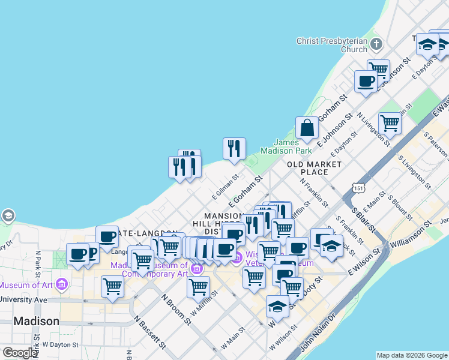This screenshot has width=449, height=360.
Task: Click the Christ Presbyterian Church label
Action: pos(331,45)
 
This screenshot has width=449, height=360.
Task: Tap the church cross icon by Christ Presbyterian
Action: pos(376,44)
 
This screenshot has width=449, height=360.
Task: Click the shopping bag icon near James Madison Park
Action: pos(307,128)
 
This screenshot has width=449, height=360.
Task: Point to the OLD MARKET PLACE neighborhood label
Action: pos(314,168)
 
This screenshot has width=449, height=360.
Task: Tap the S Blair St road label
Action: pos(363,221)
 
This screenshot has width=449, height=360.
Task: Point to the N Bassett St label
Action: pos(150,332)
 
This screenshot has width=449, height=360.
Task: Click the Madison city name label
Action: pos(36,321)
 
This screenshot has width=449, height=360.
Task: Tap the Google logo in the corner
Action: pos(20,353)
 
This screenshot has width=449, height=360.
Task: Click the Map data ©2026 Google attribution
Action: pos(412,355)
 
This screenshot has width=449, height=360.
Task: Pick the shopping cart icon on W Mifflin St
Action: pos(198,287)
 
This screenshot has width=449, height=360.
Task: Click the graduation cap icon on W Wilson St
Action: pos(277,307)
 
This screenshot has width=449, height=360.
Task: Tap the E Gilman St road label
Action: pos(226,187)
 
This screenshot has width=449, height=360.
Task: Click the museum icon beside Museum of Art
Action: pos(61,284)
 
